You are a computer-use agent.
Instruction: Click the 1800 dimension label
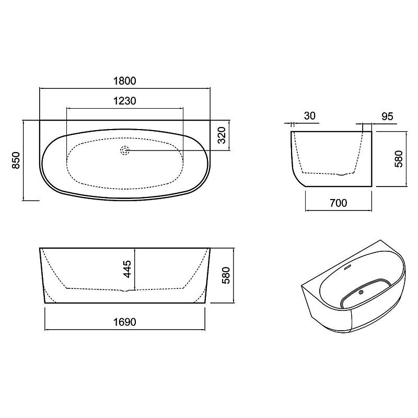point(125,81)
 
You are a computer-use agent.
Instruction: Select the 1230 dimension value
point(125,101)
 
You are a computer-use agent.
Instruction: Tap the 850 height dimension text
point(16,160)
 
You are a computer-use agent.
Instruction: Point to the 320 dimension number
point(222,135)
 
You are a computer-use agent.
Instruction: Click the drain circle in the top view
point(125,150)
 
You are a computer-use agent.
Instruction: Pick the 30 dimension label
point(309,116)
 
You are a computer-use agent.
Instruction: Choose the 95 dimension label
point(387,117)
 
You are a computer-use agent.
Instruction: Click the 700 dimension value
point(339,203)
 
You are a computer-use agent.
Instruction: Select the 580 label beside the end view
point(399,159)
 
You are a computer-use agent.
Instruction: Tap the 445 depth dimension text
point(127,269)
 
